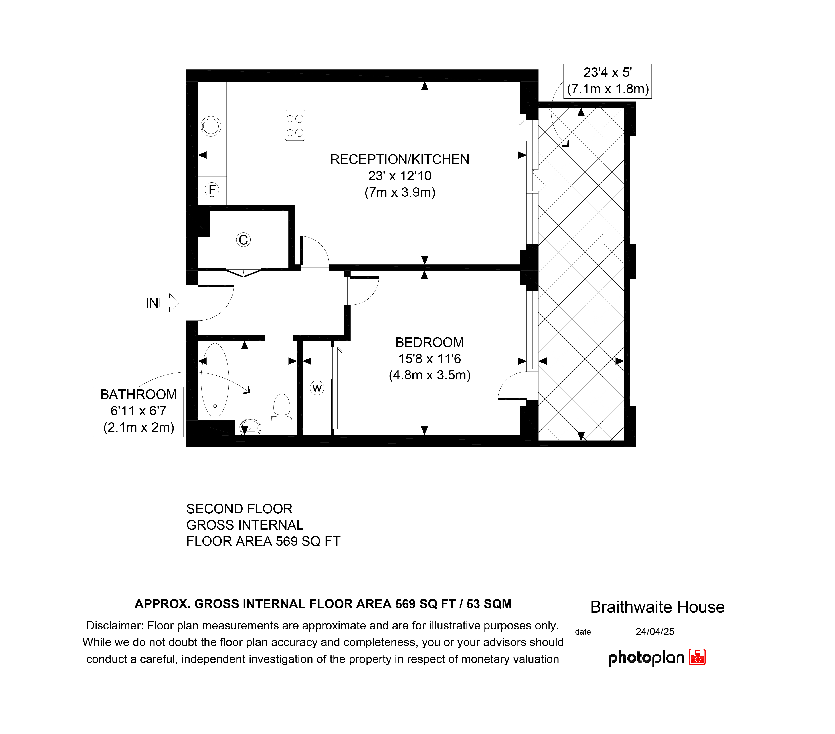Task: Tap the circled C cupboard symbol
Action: [x=243, y=240]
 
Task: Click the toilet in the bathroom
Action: [x=281, y=408]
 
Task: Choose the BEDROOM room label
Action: [x=430, y=342]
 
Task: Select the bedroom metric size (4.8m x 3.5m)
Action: [x=430, y=375]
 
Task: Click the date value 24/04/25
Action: [x=655, y=631]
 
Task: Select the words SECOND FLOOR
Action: [x=239, y=509]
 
